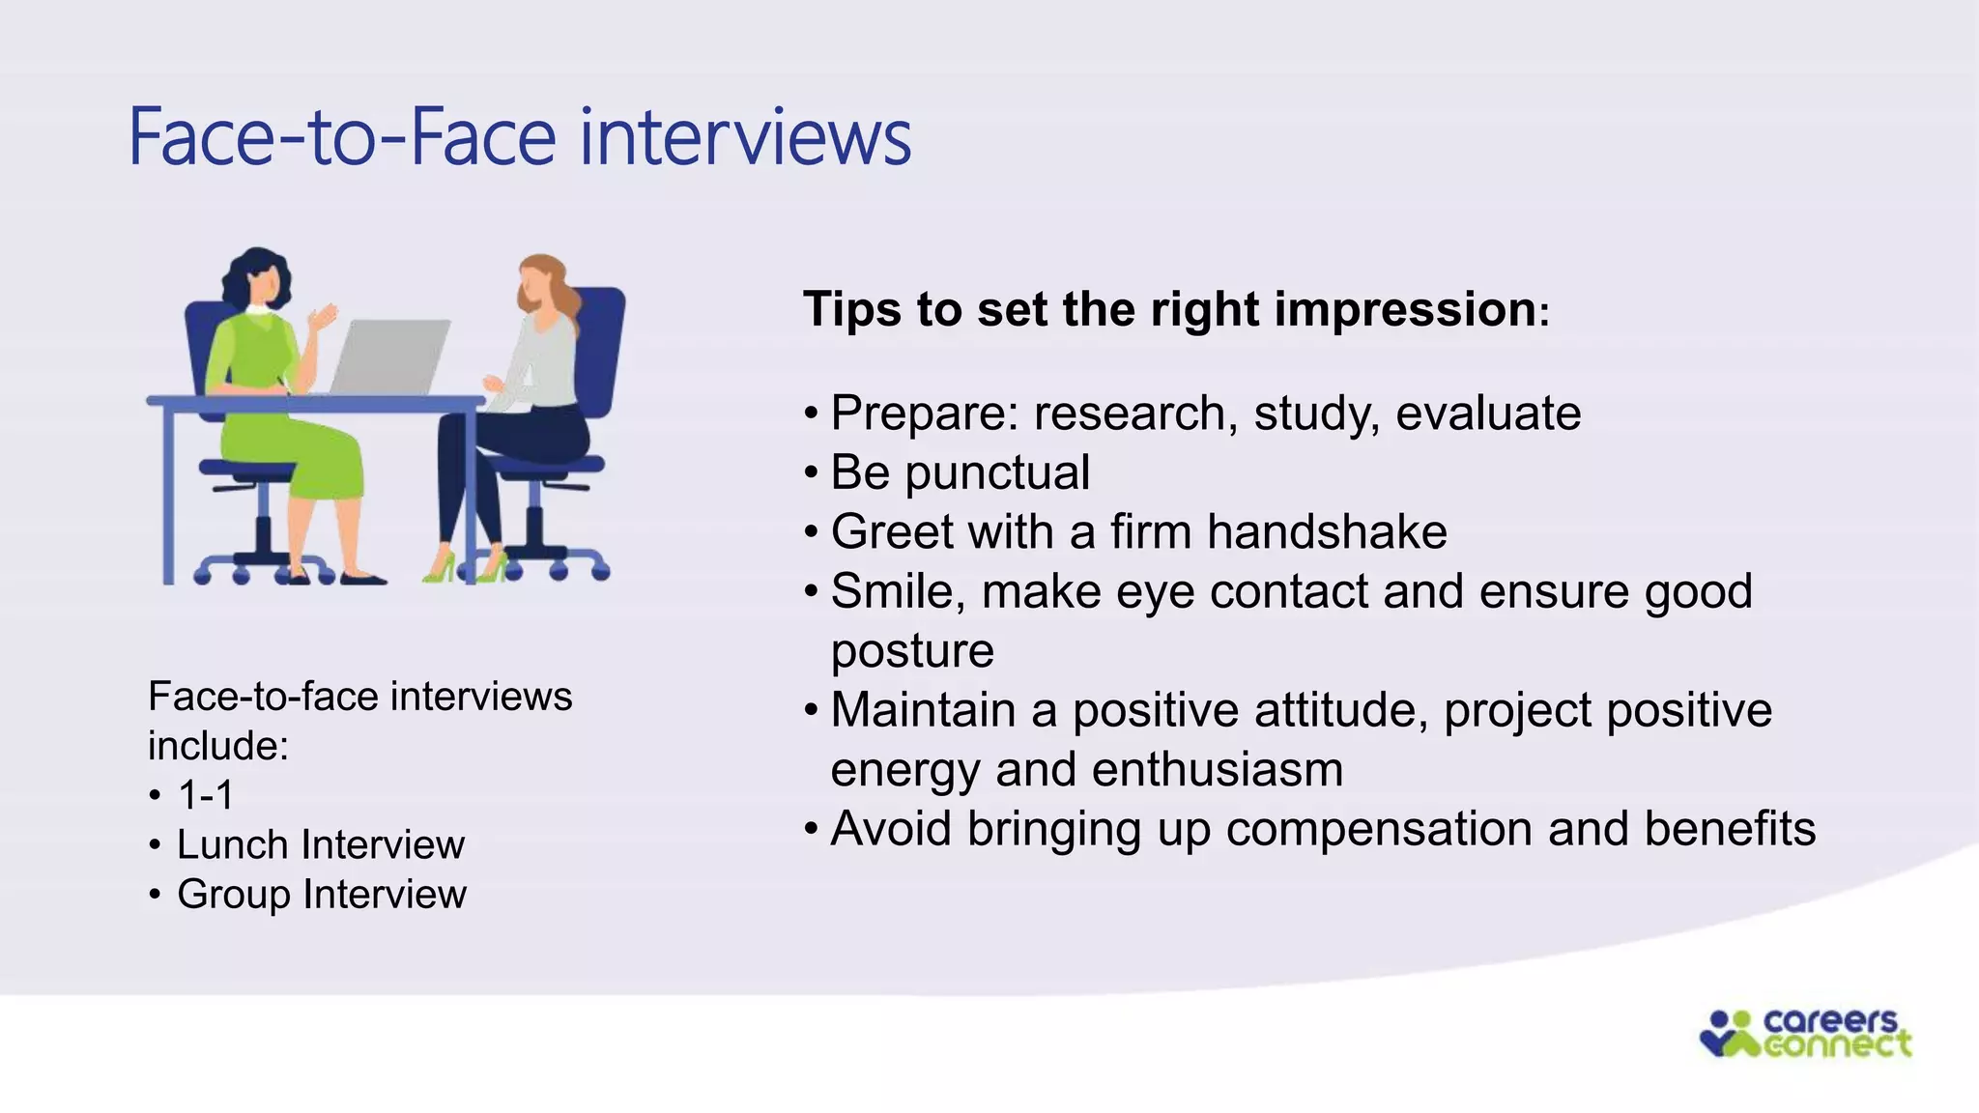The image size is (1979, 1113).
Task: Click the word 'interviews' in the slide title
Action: pyautogui.click(x=745, y=137)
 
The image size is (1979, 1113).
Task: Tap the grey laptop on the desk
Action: pyautogui.click(x=388, y=356)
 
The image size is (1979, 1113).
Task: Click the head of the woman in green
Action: pyautogui.click(x=258, y=278)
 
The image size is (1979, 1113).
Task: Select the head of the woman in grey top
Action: pyautogui.click(x=541, y=283)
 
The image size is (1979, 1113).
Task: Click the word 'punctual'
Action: pyautogui.click(x=997, y=472)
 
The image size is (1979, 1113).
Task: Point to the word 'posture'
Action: pyautogui.click(x=912, y=650)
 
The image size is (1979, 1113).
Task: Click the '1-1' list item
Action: pyautogui.click(x=206, y=795)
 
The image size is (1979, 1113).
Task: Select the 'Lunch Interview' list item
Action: pyautogui.click(x=321, y=845)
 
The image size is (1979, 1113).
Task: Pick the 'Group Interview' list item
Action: pyautogui.click(x=322, y=895)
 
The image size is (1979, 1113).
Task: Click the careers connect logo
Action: pyautogui.click(x=1805, y=1034)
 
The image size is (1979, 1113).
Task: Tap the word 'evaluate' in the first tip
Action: pyautogui.click(x=1488, y=414)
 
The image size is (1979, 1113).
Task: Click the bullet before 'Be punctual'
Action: pyautogui.click(x=811, y=473)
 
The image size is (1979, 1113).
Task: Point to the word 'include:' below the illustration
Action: pyautogui.click(x=218, y=746)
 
